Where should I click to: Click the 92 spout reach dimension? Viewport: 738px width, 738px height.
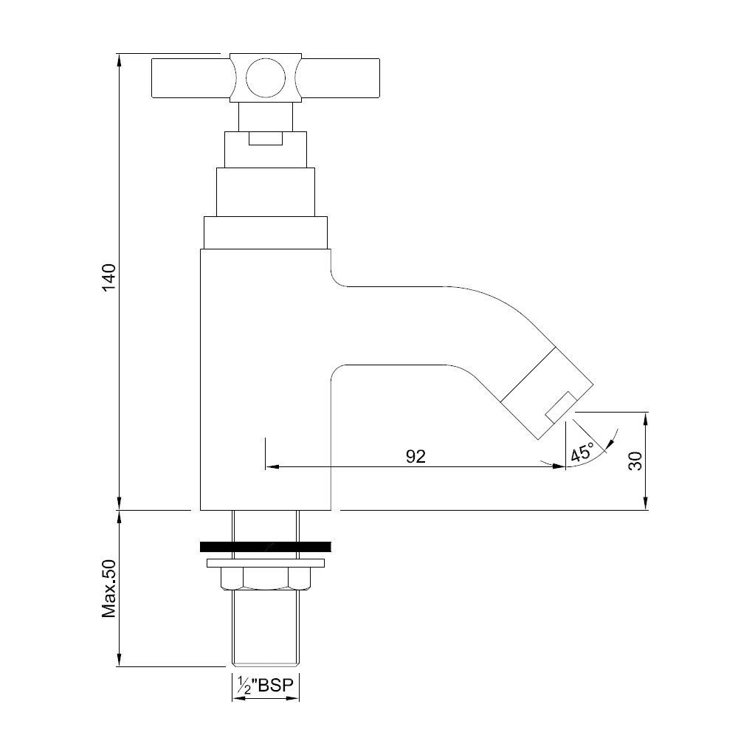pos(415,457)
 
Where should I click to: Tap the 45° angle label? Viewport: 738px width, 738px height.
pos(582,452)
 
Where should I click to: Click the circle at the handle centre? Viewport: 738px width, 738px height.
pos(263,77)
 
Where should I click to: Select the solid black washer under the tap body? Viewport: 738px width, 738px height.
pos(265,547)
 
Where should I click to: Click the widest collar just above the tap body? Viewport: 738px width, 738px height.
pos(265,233)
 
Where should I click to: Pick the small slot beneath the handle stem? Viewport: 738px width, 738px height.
pos(266,139)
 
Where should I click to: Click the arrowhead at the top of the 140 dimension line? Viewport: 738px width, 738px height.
pos(119,58)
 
